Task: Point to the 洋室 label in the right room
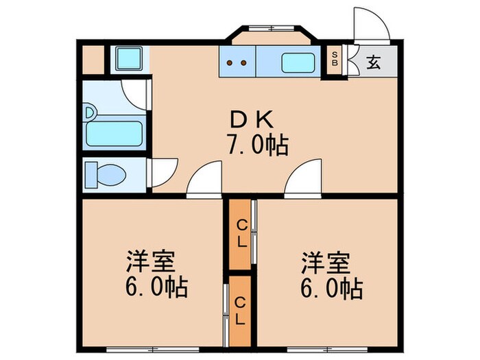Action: [x=325, y=263]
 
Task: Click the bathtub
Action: [x=115, y=134]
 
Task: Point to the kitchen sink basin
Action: [x=298, y=63]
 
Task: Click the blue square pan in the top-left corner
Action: [x=128, y=58]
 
